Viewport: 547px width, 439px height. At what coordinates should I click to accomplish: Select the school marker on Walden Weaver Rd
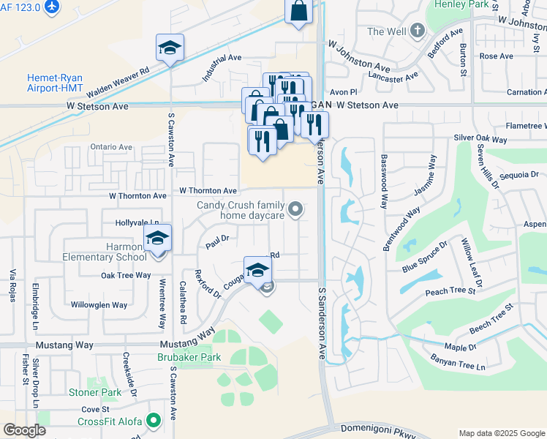tap(170, 48)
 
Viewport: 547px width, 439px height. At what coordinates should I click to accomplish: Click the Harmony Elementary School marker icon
tap(157, 239)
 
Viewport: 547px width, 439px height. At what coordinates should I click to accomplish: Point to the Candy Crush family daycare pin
tap(295, 211)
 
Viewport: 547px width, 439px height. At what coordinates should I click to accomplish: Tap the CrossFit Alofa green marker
tap(154, 421)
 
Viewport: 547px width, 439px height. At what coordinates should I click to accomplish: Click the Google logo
tap(25, 430)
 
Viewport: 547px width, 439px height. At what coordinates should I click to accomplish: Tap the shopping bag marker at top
tap(298, 11)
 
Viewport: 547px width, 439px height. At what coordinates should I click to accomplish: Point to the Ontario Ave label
tap(111, 147)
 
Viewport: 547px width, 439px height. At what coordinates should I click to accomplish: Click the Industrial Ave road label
tap(222, 67)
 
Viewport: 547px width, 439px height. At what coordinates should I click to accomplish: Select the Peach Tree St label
tap(450, 292)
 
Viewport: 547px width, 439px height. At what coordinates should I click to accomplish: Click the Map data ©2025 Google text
tap(501, 433)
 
